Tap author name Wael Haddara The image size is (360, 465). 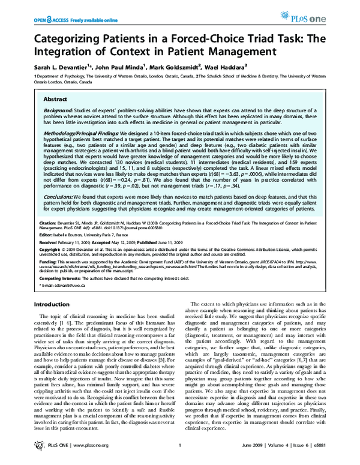click(245, 68)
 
